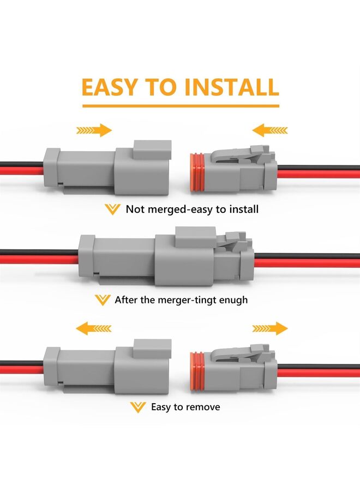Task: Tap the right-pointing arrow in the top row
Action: pyautogui.click(x=94, y=130)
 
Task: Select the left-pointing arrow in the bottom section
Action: pyautogui.click(x=94, y=328)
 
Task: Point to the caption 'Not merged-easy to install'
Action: pyautogui.click(x=192, y=209)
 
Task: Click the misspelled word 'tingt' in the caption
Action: pyautogui.click(x=202, y=300)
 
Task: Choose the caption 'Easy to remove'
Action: pyautogui.click(x=185, y=407)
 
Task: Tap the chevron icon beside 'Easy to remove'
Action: pyautogui.click(x=138, y=407)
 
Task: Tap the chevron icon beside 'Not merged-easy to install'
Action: pyautogui.click(x=112, y=209)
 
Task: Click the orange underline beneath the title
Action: pyautogui.click(x=180, y=106)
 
